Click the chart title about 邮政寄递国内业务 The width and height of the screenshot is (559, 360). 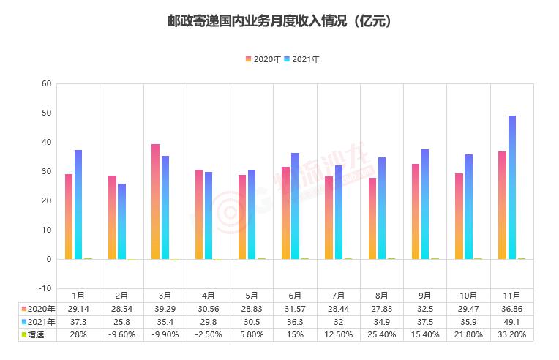(x=279, y=21)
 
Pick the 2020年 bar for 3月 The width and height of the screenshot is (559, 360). (x=155, y=202)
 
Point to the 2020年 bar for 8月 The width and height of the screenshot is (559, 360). (x=372, y=218)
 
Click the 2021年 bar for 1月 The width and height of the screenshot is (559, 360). (x=78, y=205)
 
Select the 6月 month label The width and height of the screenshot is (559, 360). (x=295, y=296)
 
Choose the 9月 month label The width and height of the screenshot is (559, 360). (x=425, y=296)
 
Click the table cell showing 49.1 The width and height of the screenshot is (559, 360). (x=511, y=322)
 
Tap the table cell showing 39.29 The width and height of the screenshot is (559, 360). (x=165, y=309)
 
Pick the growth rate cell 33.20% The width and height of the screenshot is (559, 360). (x=511, y=334)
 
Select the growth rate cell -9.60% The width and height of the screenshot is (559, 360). (x=121, y=334)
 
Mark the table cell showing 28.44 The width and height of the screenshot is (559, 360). (x=338, y=309)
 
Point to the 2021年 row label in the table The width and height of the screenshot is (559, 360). (x=38, y=322)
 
